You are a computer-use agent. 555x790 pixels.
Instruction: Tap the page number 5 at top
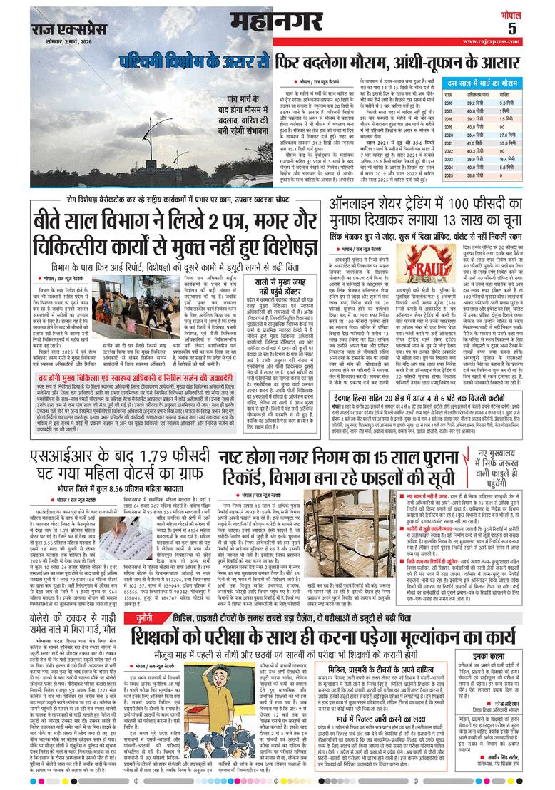click(x=532, y=28)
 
